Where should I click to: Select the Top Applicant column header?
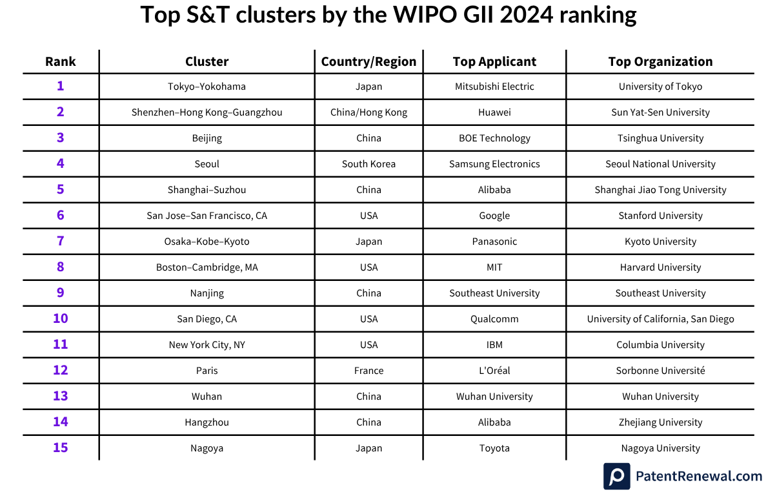[x=494, y=61]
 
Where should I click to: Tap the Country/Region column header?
[x=368, y=61]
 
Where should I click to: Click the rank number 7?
[x=60, y=241]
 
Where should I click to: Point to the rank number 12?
[x=60, y=370]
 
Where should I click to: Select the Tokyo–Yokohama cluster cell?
[x=207, y=87]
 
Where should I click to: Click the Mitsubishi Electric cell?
[x=494, y=87]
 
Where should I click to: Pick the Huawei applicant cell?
[x=494, y=112]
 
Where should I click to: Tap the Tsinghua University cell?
[x=660, y=138]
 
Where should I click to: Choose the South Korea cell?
[x=368, y=164]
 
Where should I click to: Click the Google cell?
[x=494, y=216]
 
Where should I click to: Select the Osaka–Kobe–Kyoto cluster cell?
[x=207, y=242]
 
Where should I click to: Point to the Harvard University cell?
[x=660, y=267]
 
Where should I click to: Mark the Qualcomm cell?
[x=494, y=319]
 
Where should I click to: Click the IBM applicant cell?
[x=494, y=345]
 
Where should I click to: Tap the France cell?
[x=368, y=371]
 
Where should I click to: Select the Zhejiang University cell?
[x=660, y=422]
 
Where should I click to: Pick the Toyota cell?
[x=494, y=448]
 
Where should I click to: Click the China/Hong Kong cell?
[x=368, y=112]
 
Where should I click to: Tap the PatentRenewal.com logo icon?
[x=616, y=476]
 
